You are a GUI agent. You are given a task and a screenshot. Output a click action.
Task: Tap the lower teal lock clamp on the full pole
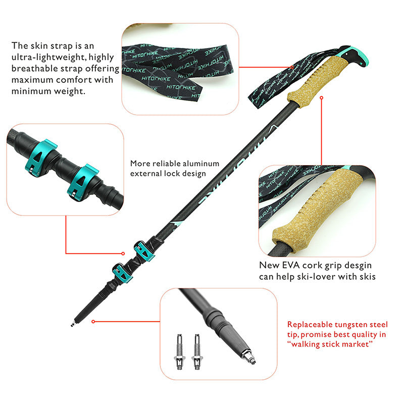[x=122, y=273]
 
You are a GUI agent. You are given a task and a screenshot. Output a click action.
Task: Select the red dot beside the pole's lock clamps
[x=123, y=253]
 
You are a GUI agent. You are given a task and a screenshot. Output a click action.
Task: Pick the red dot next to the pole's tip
[x=93, y=321]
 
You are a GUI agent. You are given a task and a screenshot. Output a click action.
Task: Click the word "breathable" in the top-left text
[x=32, y=68]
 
